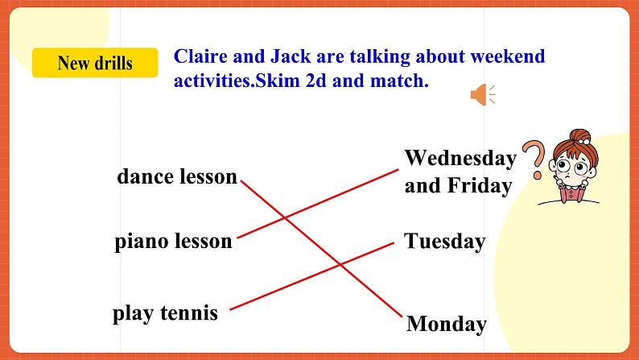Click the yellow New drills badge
tap(95, 63)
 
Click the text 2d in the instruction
tap(328, 81)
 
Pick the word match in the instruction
tap(394, 81)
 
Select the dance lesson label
tap(177, 176)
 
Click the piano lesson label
tap(173, 241)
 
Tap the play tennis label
tap(165, 312)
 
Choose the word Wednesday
tap(460, 158)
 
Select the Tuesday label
tap(445, 242)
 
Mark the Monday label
tap(447, 325)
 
